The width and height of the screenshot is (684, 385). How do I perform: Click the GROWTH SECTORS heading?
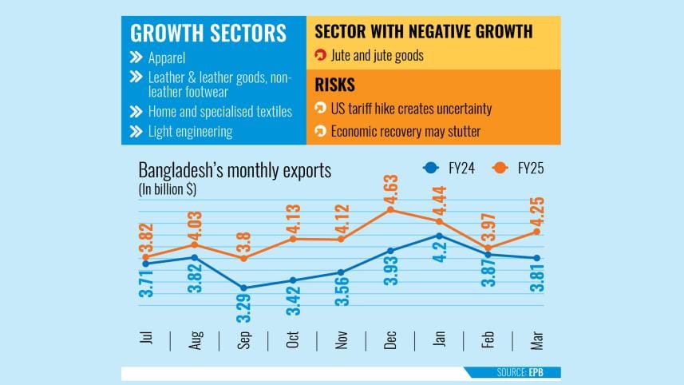click(208, 34)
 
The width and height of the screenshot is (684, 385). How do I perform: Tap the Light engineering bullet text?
click(190, 131)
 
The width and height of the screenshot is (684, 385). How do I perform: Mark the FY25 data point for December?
click(390, 210)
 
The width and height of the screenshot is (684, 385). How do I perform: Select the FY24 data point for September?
click(243, 288)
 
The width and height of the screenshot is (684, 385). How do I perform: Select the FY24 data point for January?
click(440, 236)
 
